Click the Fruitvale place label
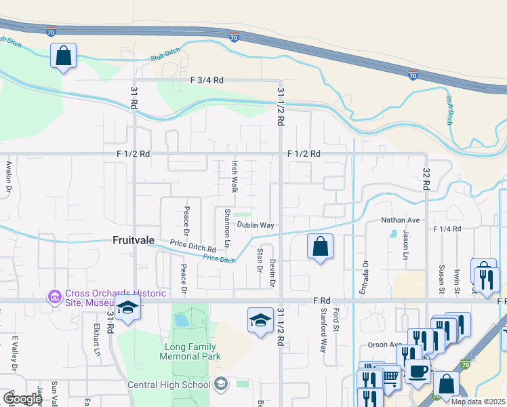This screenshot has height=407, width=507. (x=134, y=240)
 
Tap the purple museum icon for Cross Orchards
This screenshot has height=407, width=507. (x=54, y=297)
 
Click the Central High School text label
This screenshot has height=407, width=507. (x=169, y=385)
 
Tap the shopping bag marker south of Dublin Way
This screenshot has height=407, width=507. (x=321, y=246)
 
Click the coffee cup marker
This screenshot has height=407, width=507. (x=418, y=372)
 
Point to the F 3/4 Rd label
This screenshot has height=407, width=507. (x=207, y=80)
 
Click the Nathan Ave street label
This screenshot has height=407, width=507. (x=401, y=220)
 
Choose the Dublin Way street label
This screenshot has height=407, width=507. (x=255, y=225)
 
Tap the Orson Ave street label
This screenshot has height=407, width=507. (x=385, y=345)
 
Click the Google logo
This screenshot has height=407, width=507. (x=23, y=399)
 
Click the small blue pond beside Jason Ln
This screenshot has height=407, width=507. (x=393, y=235)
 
